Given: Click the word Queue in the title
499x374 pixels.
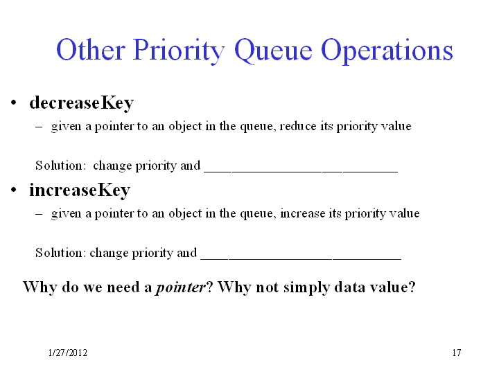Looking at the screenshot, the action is (273, 50).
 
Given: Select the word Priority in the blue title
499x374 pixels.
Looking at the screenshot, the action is (179, 51).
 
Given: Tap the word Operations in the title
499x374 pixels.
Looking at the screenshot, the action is (387, 51).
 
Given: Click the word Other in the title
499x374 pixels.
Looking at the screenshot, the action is (90, 49).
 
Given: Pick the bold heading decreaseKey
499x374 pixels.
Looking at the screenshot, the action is (82, 103).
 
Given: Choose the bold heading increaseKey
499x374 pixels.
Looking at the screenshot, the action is (80, 190).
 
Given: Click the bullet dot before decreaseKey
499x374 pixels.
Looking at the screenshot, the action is (13, 103).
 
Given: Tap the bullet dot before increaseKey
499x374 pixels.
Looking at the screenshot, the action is (13, 190).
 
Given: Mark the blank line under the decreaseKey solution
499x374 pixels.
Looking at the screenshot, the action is (301, 172).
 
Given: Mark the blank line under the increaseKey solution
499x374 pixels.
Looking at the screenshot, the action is (301, 259).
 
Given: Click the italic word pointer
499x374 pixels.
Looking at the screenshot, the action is (180, 287).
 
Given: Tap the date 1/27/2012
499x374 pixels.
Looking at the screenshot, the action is (67, 353).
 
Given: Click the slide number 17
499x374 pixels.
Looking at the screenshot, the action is (457, 353).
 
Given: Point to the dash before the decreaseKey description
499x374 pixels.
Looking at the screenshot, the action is (39, 127).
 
